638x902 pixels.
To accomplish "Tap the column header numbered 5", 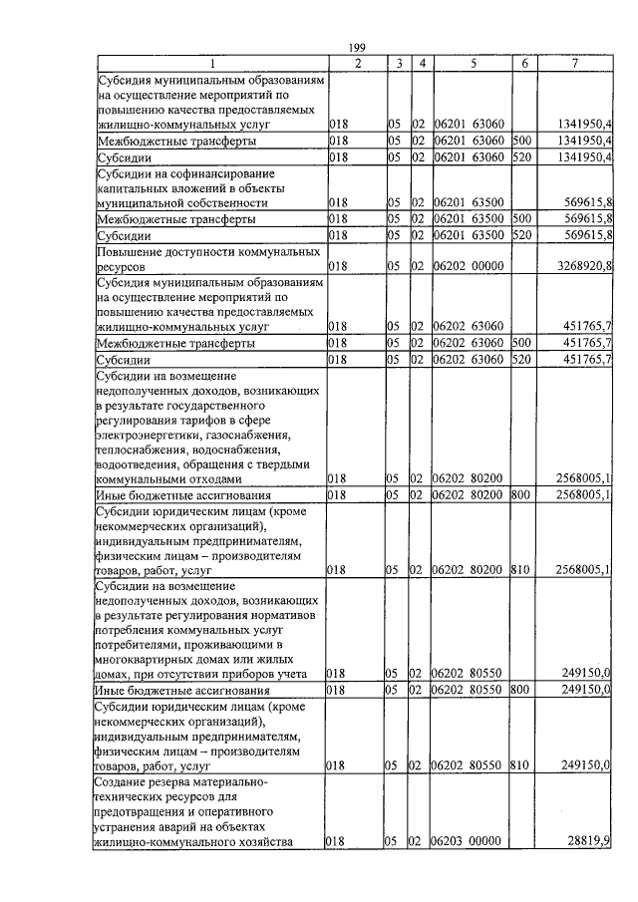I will [x=474, y=64].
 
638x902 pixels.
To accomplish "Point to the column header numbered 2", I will [x=357, y=64].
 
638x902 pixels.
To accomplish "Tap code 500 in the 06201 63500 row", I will [x=519, y=218].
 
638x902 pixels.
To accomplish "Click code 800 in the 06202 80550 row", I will [x=519, y=690].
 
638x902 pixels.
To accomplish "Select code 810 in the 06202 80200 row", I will [x=519, y=571].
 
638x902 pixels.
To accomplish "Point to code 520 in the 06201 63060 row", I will [x=519, y=157].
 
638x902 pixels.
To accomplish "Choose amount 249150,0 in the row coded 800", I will [x=584, y=690].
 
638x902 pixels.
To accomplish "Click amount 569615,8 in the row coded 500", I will [x=584, y=218].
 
